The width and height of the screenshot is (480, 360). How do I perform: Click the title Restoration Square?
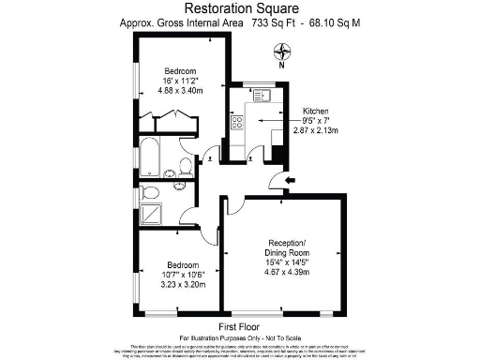point(240,9)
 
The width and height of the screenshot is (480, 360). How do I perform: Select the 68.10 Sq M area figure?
point(336,24)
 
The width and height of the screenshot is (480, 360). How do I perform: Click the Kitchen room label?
point(316,111)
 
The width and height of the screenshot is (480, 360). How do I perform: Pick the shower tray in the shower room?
point(151,216)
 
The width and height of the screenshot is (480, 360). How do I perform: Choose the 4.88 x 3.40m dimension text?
point(180,92)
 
